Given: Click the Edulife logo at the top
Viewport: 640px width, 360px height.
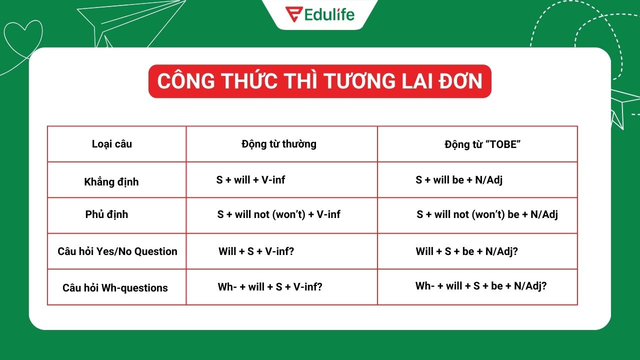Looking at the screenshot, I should click(x=320, y=13).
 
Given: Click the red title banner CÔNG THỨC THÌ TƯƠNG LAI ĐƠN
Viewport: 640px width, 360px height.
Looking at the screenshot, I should click(x=320, y=81).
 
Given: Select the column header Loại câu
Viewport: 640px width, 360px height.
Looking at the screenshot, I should click(x=112, y=144).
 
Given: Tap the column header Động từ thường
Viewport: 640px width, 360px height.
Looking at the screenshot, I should click(x=279, y=144).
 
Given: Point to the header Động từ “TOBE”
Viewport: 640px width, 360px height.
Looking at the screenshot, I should click(x=483, y=144).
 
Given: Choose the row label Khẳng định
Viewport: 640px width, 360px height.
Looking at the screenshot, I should click(x=111, y=182).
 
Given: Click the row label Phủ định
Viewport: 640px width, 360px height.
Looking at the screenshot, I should click(x=107, y=214).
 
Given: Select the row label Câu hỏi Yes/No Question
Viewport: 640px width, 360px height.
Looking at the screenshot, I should click(x=117, y=251).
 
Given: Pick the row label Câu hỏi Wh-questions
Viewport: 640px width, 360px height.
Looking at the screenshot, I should click(x=115, y=288).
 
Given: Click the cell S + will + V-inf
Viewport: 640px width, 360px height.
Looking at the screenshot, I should click(x=250, y=180).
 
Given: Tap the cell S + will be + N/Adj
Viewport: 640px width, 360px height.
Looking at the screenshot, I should click(x=459, y=180).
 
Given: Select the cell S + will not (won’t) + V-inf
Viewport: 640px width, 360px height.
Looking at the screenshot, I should click(x=278, y=214).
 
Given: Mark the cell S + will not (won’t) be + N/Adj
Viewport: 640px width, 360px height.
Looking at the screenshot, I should click(x=487, y=215).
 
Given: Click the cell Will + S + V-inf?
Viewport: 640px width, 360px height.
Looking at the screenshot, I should click(x=256, y=251).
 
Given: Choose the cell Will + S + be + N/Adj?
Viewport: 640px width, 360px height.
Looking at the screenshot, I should click(x=466, y=251).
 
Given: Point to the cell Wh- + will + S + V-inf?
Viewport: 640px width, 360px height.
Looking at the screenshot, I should click(x=270, y=287).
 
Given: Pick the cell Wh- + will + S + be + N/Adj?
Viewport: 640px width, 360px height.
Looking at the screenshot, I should click(x=481, y=286).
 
